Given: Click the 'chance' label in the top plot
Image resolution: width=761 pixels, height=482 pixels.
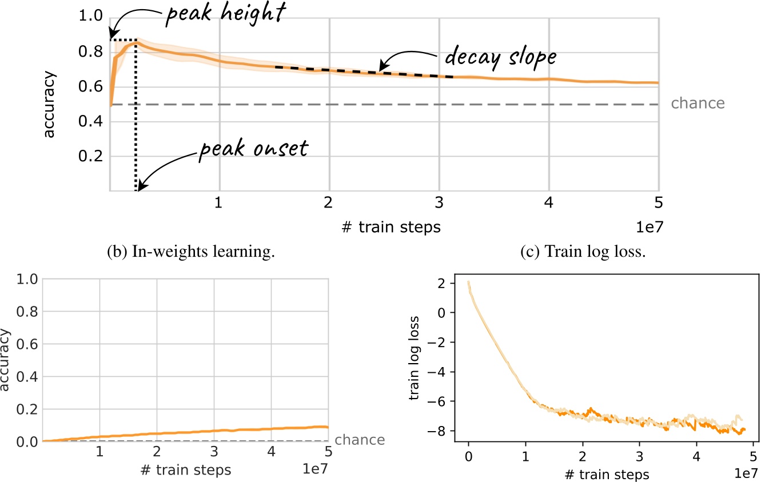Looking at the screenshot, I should [697, 103].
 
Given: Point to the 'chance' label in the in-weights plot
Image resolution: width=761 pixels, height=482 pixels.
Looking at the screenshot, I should [359, 440].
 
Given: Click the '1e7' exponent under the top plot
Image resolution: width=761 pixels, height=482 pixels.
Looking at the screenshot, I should [648, 228].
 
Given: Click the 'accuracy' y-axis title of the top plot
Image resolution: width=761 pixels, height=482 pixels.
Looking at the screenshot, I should [50, 104].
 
